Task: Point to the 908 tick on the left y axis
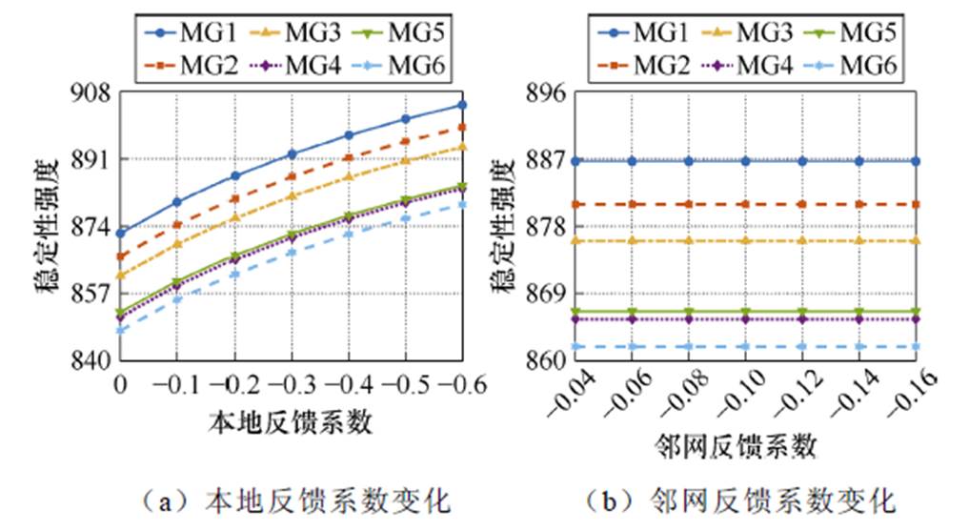pyautogui.click(x=92, y=93)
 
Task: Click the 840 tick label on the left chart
pyautogui.click(x=92, y=360)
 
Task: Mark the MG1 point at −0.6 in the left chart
pyautogui.click(x=462, y=105)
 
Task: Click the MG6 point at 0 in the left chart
pyautogui.click(x=120, y=331)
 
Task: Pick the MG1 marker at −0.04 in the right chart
pyautogui.click(x=575, y=161)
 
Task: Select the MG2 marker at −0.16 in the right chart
pyautogui.click(x=916, y=204)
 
